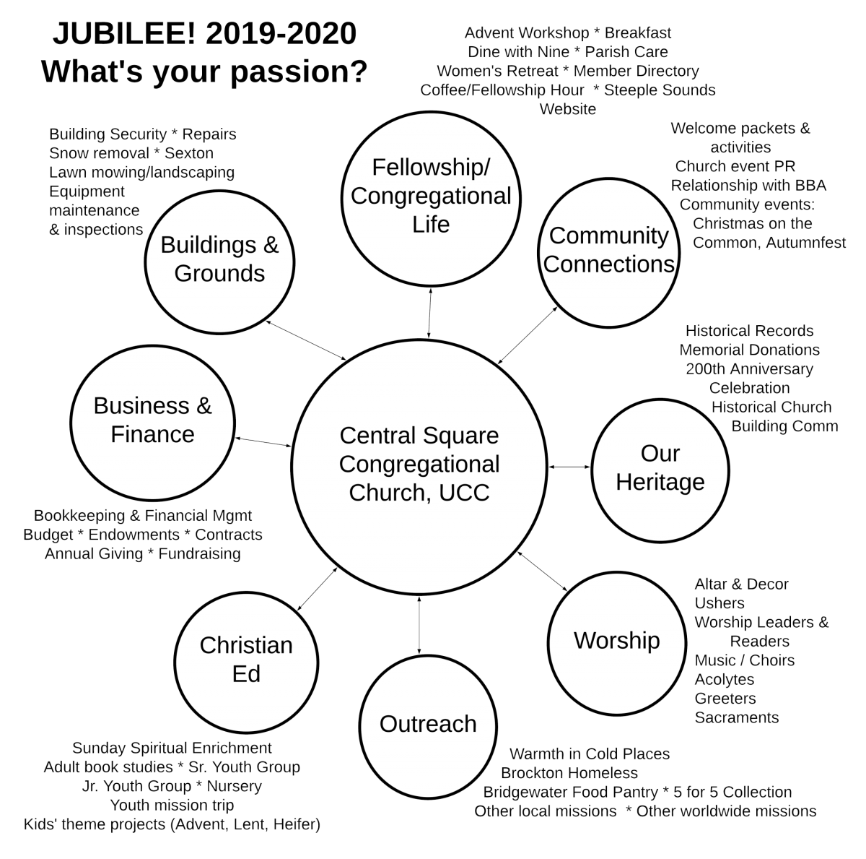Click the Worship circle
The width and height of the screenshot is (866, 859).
pyautogui.click(x=616, y=641)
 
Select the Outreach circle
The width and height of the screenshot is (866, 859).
pyautogui.click(x=428, y=723)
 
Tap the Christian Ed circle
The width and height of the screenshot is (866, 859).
pyautogui.click(x=246, y=659)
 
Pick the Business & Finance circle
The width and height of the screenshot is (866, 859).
pyautogui.click(x=153, y=420)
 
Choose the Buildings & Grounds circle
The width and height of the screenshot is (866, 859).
pyautogui.click(x=219, y=259)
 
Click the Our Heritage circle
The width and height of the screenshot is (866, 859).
pyautogui.click(x=660, y=467)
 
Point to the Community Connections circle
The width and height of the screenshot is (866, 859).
pyautogui.click(x=609, y=249)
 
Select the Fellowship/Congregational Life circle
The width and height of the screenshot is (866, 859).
pyautogui.click(x=431, y=195)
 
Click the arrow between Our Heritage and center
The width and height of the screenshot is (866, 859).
pyautogui.click(x=569, y=467)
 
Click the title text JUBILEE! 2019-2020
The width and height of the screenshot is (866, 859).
pyautogui.click(x=205, y=34)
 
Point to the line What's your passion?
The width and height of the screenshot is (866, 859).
pyautogui.click(x=205, y=72)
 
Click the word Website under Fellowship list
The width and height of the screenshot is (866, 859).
pyautogui.click(x=568, y=109)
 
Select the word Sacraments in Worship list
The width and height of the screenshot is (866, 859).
pyautogui.click(x=736, y=717)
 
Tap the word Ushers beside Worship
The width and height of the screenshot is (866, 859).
pyautogui.click(x=720, y=603)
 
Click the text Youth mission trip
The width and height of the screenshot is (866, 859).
pyautogui.click(x=172, y=805)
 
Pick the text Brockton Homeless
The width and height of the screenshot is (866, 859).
pyautogui.click(x=569, y=773)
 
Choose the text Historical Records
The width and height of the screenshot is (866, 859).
pyautogui.click(x=749, y=331)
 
